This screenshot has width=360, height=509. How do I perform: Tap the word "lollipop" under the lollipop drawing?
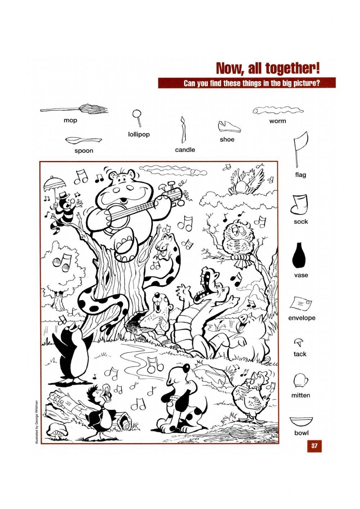(139, 134)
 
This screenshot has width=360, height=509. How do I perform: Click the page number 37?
(314, 446)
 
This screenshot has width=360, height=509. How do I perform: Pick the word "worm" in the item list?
(278, 121)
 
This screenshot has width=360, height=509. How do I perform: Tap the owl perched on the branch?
(238, 240)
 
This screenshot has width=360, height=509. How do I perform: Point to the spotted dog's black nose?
(186, 367)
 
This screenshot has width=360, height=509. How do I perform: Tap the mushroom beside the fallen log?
(56, 430)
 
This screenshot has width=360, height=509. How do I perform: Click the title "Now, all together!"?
(267, 68)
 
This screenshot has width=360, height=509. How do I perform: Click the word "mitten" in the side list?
(301, 395)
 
